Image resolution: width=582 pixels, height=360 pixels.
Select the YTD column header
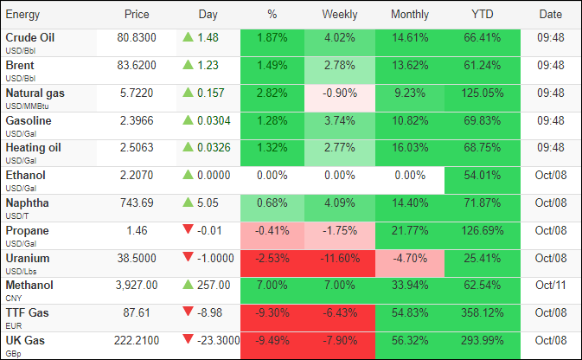(482, 15)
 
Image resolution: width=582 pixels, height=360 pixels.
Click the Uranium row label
(28, 258)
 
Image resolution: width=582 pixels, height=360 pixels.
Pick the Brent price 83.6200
(136, 65)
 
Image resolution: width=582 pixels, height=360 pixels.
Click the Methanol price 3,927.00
(136, 286)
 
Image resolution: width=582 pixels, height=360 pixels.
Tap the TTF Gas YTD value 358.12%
(482, 313)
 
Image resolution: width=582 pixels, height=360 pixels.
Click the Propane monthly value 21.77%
(410, 231)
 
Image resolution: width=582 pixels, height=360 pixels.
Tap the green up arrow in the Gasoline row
(187, 120)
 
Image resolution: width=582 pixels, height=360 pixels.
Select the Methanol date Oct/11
(550, 286)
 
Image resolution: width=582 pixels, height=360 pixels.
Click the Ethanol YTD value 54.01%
(482, 176)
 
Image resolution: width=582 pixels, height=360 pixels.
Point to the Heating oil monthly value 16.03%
(410, 148)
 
